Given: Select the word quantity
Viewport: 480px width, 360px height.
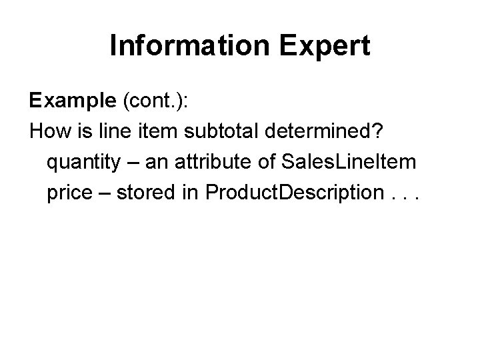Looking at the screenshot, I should click(81, 162).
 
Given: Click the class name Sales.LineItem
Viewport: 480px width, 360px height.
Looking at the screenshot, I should click(339, 162).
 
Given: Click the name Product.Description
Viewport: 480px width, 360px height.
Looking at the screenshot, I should click(291, 193).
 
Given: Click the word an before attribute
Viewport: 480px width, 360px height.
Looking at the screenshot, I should click(150, 162).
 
